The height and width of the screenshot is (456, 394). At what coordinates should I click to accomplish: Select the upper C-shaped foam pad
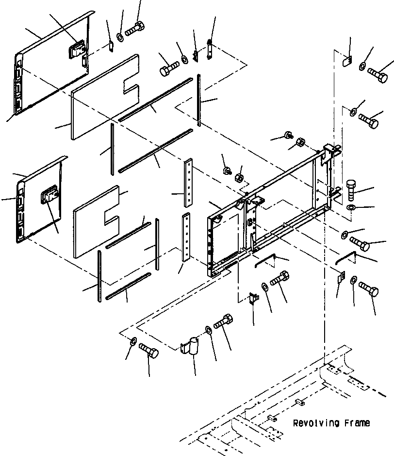click(104, 97)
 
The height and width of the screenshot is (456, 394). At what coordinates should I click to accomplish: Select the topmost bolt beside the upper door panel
click(134, 28)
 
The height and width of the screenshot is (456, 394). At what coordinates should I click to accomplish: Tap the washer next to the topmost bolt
click(120, 37)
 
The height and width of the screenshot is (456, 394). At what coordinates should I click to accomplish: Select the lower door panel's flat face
click(39, 209)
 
